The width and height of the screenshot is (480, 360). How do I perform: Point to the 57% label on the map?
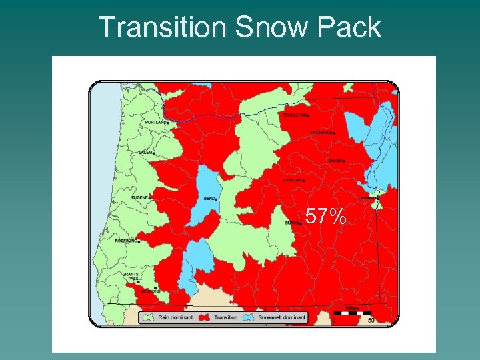coord(326,216)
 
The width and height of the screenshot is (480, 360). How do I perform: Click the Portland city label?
coord(157,123)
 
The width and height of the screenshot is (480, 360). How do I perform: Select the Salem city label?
coord(145,153)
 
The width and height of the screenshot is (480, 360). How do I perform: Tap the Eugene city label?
coord(140,197)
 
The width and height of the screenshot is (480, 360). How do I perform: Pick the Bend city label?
coord(209,199)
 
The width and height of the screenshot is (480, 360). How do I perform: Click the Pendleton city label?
coord(295,115)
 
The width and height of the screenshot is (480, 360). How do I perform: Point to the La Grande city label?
coord(321,133)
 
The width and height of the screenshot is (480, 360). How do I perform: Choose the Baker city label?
coord(336,161)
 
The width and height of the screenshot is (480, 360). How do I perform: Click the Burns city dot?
coord(301,224)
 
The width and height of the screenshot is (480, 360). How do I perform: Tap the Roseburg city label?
coord(125,241)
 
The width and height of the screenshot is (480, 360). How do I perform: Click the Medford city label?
coord(150,291)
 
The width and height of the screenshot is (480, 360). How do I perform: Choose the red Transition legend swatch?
coord(204,317)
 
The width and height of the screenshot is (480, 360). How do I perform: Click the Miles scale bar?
coord(352,312)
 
